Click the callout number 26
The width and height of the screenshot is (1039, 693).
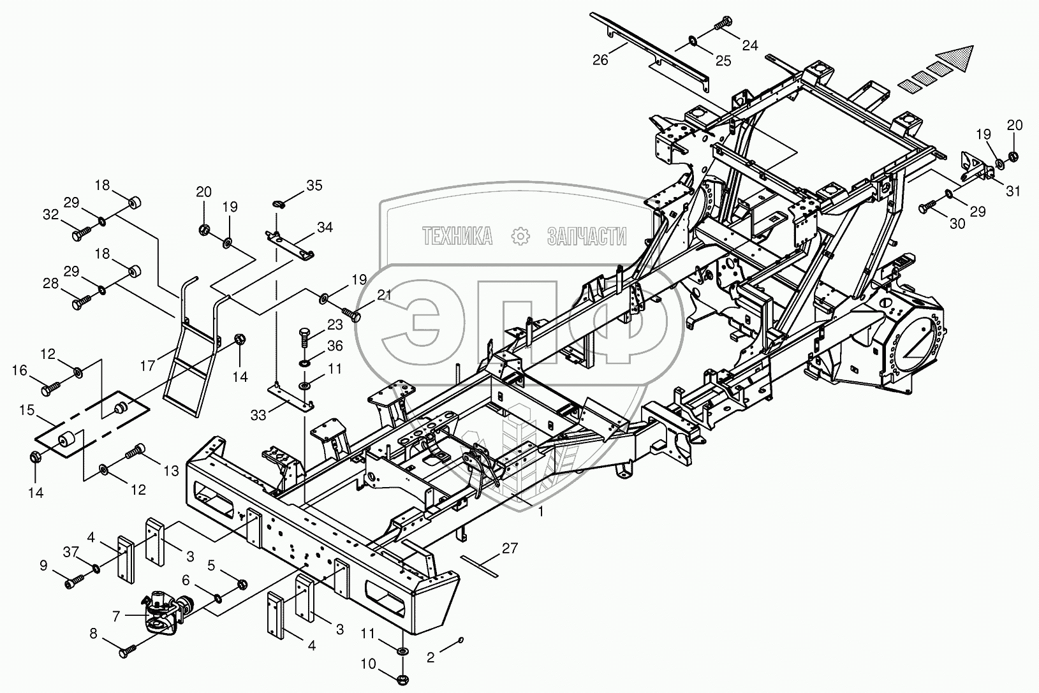600,60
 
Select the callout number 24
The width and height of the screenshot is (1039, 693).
750,45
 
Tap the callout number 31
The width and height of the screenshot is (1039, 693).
1013,191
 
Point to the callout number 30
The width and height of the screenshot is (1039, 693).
957,224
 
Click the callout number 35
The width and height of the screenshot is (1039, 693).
314,186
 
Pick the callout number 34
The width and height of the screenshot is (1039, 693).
324,227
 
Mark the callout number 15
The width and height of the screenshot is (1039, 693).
26,411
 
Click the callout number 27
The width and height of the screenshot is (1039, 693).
509,548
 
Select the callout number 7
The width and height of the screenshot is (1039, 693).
116,616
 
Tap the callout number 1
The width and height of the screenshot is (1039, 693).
542,512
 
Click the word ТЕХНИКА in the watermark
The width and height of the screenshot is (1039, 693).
457,237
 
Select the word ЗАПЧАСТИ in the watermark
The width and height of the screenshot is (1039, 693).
587,237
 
